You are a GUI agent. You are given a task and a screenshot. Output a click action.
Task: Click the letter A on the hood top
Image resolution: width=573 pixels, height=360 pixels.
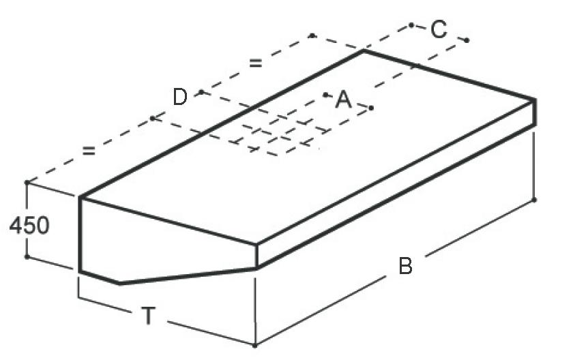[x=343, y=101]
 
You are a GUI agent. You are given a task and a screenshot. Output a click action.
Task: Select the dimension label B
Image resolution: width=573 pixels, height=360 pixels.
[x=405, y=266]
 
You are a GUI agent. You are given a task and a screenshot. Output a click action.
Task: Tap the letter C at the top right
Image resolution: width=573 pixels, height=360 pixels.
[x=439, y=29]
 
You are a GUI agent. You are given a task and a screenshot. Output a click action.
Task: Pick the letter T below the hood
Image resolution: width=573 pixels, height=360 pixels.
[x=147, y=315]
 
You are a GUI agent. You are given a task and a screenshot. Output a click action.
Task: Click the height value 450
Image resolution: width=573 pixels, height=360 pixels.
[x=29, y=225]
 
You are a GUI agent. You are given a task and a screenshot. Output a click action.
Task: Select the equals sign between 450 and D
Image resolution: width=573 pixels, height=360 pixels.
[x=88, y=151]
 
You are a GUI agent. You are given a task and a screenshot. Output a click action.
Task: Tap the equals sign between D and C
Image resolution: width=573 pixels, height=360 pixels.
[x=256, y=63]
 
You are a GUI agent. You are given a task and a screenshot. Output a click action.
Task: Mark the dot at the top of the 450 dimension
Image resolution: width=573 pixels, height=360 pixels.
[x=27, y=183]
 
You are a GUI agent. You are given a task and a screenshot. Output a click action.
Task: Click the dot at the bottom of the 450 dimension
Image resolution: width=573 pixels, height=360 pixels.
[x=27, y=256]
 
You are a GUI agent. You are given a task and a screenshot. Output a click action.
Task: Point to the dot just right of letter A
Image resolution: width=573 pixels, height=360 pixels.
[x=371, y=108]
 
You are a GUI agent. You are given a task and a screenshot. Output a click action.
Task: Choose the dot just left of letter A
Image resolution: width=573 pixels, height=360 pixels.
[x=326, y=94]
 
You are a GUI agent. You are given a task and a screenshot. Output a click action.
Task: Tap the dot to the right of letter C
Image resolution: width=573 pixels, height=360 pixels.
[x=467, y=40]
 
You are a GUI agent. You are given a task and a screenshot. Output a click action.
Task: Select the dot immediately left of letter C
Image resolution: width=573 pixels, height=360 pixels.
[x=412, y=25]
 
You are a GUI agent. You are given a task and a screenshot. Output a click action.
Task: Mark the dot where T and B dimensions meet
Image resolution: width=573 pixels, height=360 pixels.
[x=254, y=346]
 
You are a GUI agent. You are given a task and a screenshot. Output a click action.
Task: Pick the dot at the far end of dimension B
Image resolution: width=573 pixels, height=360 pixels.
[x=533, y=200]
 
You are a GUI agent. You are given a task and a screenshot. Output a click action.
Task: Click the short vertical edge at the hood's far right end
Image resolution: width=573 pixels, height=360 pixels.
[x=534, y=112]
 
